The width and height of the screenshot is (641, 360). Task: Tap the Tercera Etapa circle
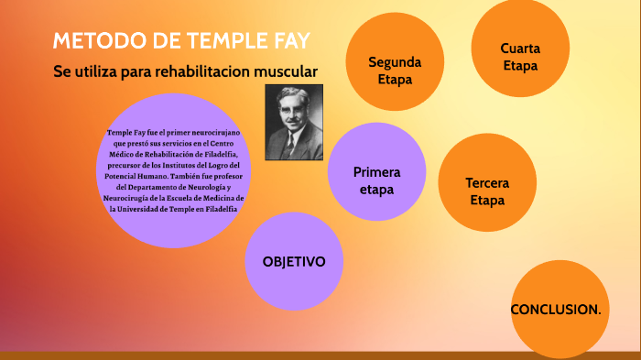486,191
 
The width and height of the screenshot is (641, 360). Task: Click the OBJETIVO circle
294,261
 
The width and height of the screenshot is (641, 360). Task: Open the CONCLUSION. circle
555,309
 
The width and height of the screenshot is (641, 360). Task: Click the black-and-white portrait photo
294,122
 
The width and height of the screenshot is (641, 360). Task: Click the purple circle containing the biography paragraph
174,170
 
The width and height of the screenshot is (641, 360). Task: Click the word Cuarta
519,49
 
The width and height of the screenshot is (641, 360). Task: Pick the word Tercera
486,182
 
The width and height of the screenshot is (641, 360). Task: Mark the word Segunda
395,62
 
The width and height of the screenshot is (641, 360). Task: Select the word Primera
376,172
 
